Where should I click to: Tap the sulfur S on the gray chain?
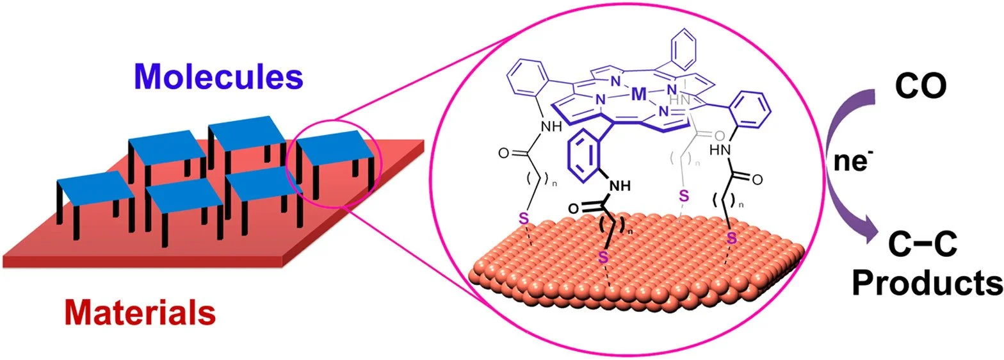683,194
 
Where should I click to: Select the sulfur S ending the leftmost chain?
523,219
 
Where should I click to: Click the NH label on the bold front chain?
618,187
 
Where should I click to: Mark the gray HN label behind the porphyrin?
675,101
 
